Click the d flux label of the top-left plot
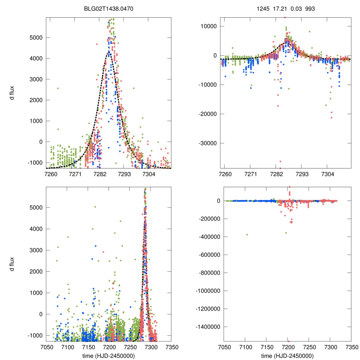(12, 92)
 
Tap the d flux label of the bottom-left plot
(12, 264)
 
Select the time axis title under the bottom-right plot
(287, 355)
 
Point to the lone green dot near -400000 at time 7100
(247, 234)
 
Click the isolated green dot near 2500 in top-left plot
(58, 88)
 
